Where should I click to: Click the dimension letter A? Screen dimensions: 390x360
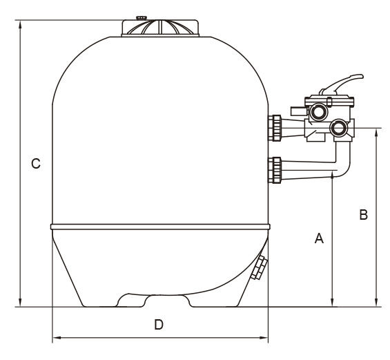click(x=319, y=238)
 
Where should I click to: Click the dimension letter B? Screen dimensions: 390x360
click(x=363, y=215)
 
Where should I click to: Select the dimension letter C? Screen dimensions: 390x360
click(x=36, y=164)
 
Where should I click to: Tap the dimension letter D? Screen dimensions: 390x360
click(x=159, y=325)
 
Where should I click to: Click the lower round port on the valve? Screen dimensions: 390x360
click(x=338, y=128)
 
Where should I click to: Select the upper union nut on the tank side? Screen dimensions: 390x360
click(x=276, y=128)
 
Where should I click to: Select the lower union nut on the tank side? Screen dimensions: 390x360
click(x=276, y=170)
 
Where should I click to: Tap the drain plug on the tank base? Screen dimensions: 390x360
click(x=260, y=267)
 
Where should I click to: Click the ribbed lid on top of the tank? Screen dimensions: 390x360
click(x=160, y=28)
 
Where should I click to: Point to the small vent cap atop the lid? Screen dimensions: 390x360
click(x=142, y=18)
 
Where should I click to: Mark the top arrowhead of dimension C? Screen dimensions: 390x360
click(x=20, y=24)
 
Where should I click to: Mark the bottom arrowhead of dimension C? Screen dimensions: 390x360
click(x=20, y=302)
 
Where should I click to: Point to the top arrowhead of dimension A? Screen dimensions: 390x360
click(x=332, y=176)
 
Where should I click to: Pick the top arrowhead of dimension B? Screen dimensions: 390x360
click(x=376, y=133)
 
